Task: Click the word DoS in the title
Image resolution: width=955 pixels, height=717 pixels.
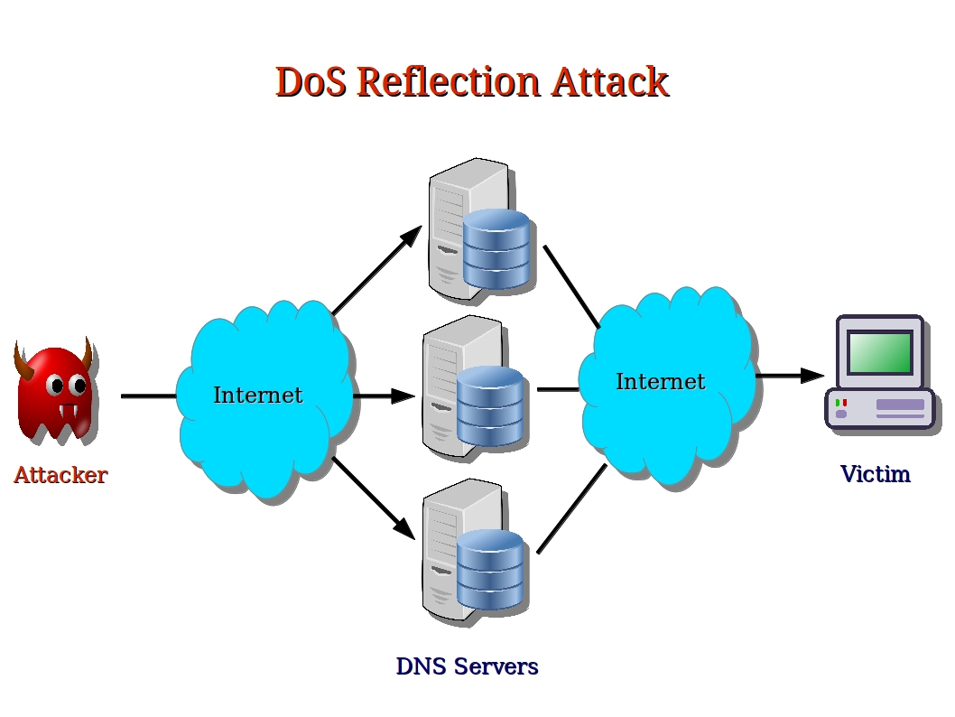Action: pos(311,81)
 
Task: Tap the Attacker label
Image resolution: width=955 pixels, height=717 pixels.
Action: pos(60,475)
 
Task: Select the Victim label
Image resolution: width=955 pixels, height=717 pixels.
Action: pos(875,474)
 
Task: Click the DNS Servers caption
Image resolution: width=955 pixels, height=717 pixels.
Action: pos(467,667)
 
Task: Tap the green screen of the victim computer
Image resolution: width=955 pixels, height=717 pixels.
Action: pos(879,351)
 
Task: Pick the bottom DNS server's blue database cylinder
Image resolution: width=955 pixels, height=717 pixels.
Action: pos(490,569)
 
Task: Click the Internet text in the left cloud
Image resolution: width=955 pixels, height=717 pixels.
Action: pos(258,396)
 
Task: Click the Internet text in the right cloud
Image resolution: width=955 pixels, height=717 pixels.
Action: pos(660,382)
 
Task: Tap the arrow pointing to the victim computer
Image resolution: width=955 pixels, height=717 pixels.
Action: pos(790,375)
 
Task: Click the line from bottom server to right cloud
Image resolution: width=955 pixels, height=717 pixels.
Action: pos(570,508)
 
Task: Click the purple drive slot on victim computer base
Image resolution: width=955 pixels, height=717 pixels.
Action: pos(900,405)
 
